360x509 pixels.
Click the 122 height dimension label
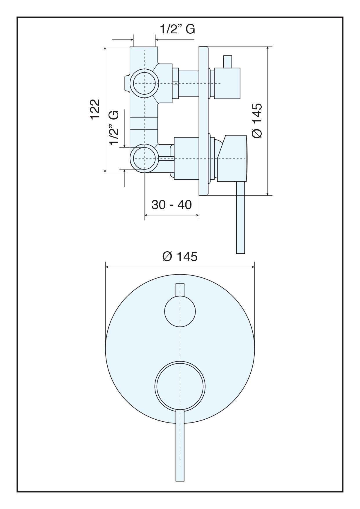click(95, 109)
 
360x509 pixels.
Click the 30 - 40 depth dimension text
click(171, 205)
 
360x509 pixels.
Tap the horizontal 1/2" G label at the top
click(178, 29)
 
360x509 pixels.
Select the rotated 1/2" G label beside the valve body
click(114, 127)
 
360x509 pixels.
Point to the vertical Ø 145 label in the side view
click(257, 120)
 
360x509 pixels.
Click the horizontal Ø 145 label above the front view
click(180, 257)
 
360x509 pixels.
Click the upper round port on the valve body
click(144, 83)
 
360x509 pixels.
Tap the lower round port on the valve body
click(144, 158)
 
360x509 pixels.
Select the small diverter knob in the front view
click(180, 311)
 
